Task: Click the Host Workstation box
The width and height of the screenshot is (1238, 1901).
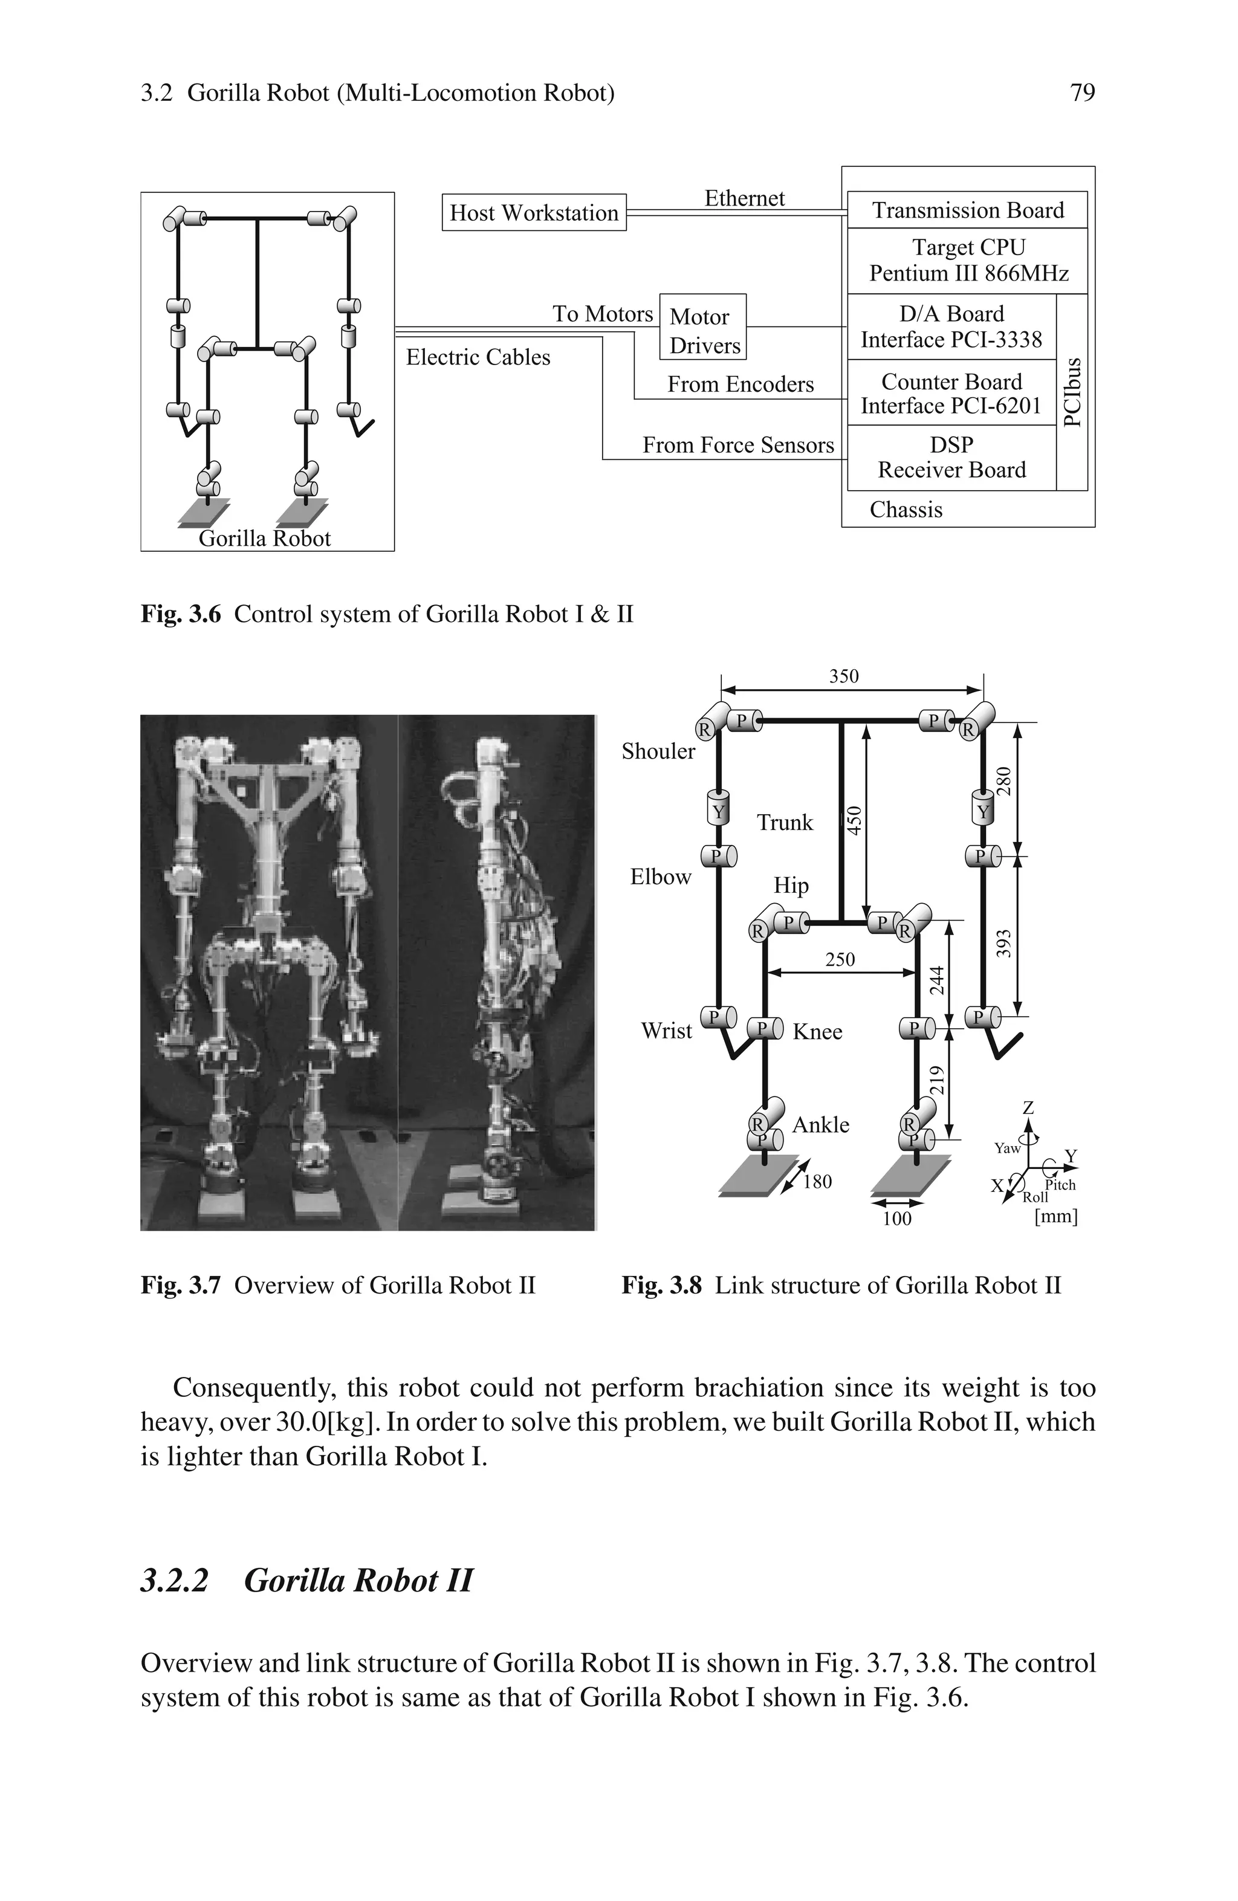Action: [x=534, y=213]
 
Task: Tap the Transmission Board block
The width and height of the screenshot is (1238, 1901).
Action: [x=967, y=210]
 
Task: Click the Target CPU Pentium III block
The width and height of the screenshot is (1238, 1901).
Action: [x=967, y=261]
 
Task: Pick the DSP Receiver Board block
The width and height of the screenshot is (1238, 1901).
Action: [x=951, y=457]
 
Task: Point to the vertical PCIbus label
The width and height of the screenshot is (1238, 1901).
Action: [x=1072, y=392]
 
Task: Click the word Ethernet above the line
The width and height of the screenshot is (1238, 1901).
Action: [x=744, y=198]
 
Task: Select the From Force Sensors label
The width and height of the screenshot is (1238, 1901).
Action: [x=738, y=445]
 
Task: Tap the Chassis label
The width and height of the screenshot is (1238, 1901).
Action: [x=906, y=510]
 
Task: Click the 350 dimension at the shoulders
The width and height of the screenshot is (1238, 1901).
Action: [x=843, y=676]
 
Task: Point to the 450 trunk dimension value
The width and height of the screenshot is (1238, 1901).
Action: [x=854, y=821]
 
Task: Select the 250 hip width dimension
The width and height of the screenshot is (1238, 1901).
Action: [x=840, y=959]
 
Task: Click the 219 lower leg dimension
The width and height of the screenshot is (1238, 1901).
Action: [x=938, y=1081]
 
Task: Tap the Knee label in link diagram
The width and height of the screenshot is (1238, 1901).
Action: [x=817, y=1032]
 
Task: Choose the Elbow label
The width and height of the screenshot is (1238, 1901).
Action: [x=661, y=877]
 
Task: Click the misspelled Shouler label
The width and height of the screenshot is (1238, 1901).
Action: [x=658, y=751]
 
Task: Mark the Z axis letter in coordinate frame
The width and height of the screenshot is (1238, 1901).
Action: [x=1028, y=1108]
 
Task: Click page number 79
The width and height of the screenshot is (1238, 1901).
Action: [x=1082, y=94]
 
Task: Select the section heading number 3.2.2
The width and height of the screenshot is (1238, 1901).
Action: [x=174, y=1581]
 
